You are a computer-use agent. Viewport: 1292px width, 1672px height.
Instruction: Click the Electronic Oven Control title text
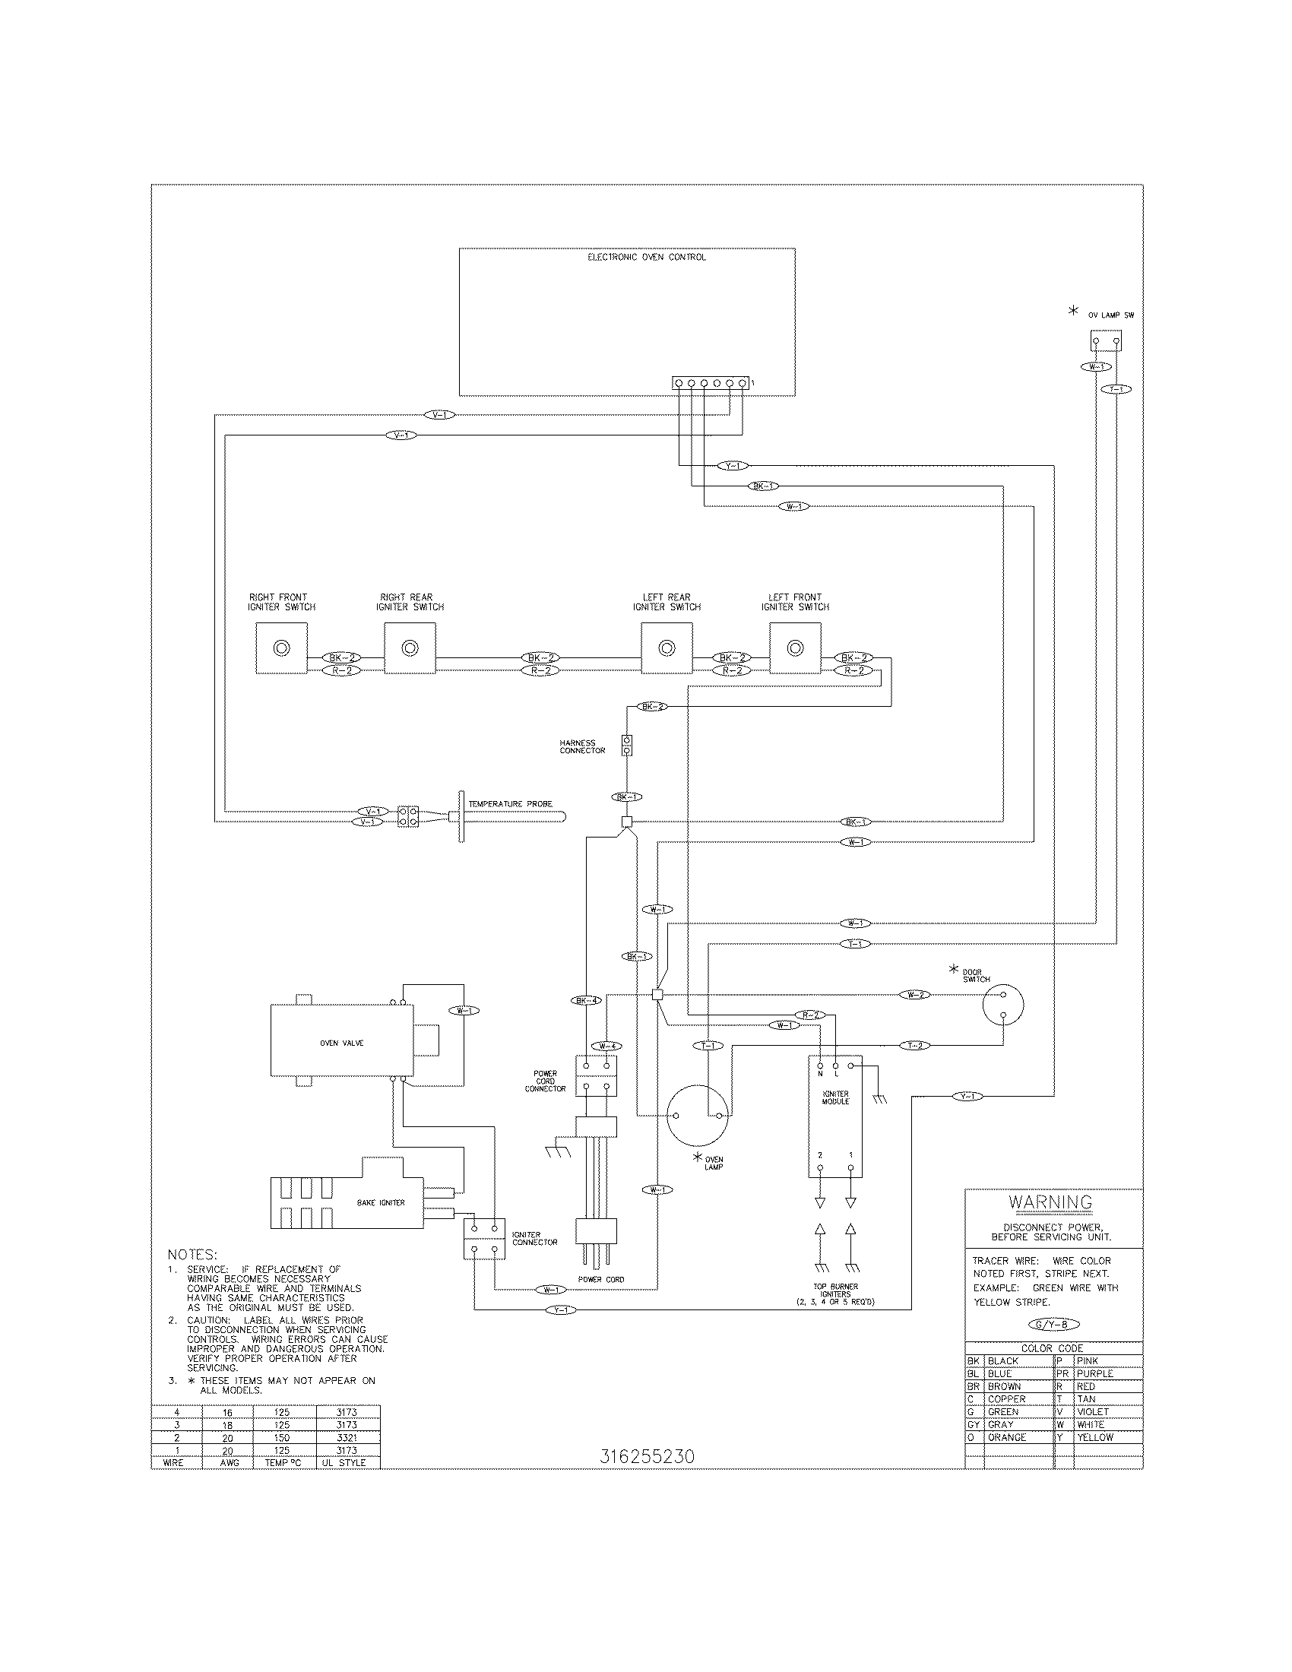pyautogui.click(x=646, y=257)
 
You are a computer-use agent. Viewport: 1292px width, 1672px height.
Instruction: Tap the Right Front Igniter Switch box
pyautogui.click(x=281, y=648)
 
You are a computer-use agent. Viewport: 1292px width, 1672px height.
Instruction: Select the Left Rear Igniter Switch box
pyautogui.click(x=667, y=648)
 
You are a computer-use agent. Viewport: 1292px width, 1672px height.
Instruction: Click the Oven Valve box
pyautogui.click(x=341, y=1043)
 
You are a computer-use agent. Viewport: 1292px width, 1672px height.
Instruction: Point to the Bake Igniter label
pyautogui.click(x=381, y=1203)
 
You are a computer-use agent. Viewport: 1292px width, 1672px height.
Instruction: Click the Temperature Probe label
pyautogui.click(x=510, y=804)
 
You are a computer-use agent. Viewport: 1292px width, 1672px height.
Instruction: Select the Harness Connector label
pyautogui.click(x=581, y=746)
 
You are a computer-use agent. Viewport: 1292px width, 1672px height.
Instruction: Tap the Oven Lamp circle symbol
pyautogui.click(x=695, y=1116)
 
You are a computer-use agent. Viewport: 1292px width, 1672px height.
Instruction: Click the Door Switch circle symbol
pyautogui.click(x=1002, y=1005)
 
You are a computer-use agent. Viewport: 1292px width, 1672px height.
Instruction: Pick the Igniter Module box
pyautogui.click(x=835, y=1118)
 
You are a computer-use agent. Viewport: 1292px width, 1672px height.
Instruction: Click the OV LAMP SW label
pyautogui.click(x=1110, y=315)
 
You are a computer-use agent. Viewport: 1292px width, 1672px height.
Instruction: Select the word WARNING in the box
pyautogui.click(x=1050, y=1202)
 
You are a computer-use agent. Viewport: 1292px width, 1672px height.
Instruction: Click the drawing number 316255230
pyautogui.click(x=647, y=1456)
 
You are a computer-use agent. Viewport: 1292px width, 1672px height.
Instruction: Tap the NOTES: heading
pyautogui.click(x=192, y=1255)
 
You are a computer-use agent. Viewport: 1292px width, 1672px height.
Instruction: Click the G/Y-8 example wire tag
pyautogui.click(x=1054, y=1325)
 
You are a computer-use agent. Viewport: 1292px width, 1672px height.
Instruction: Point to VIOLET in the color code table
pyautogui.click(x=1092, y=1412)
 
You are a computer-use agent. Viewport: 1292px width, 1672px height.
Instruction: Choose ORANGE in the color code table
pyautogui.click(x=1006, y=1437)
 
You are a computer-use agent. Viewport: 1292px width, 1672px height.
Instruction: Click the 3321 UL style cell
pyautogui.click(x=347, y=1438)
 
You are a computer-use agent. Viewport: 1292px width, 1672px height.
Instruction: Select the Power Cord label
pyautogui.click(x=601, y=1279)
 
